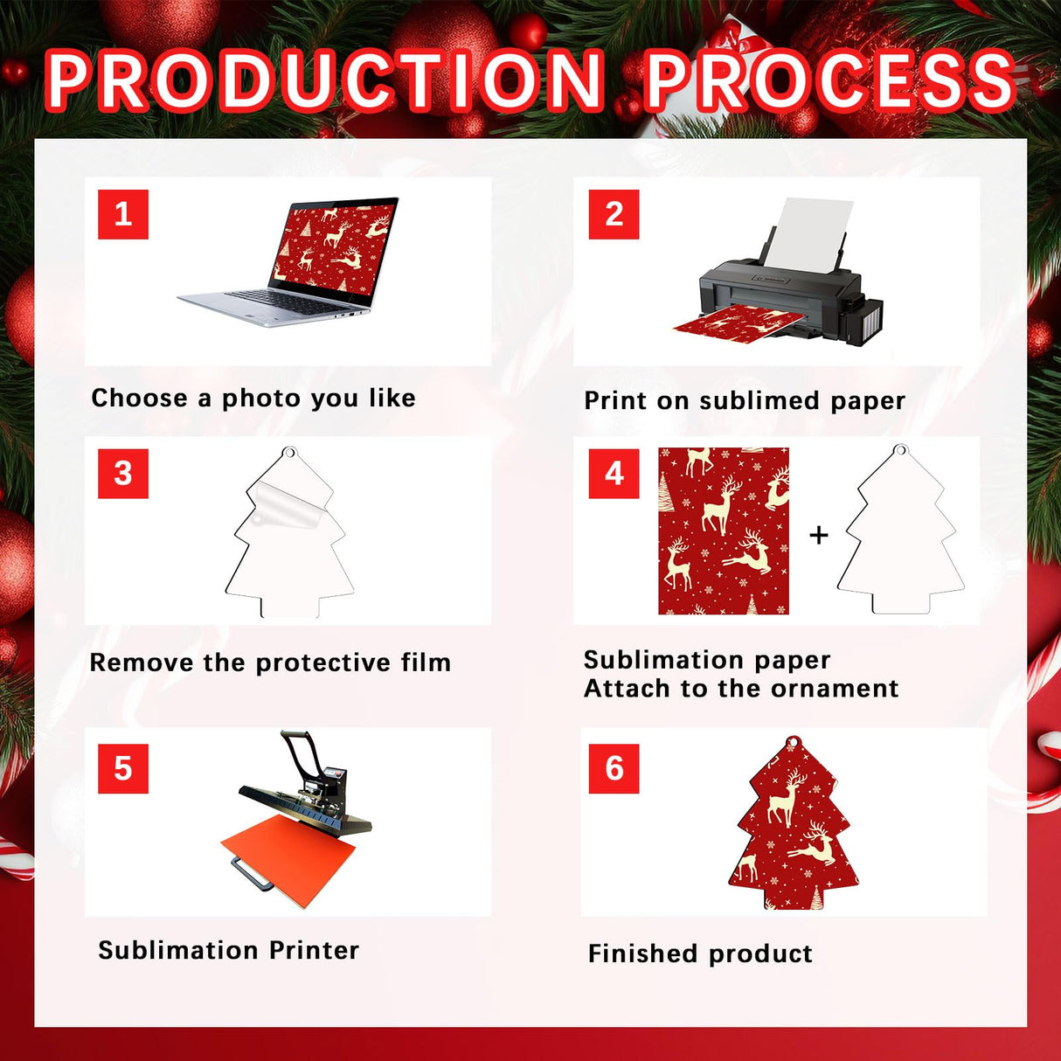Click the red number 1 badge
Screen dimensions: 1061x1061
tap(123, 214)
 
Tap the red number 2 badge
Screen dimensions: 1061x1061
tap(614, 214)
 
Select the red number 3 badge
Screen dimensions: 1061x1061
tap(123, 474)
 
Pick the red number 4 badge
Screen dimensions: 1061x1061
tap(614, 474)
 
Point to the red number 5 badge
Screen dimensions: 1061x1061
tap(123, 768)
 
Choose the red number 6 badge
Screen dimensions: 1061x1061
tap(614, 768)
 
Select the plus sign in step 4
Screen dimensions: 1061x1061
tap(818, 534)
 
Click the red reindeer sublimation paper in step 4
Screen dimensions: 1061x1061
tap(723, 530)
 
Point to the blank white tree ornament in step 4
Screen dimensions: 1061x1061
tap(900, 537)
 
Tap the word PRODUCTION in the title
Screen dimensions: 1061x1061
tap(324, 80)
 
